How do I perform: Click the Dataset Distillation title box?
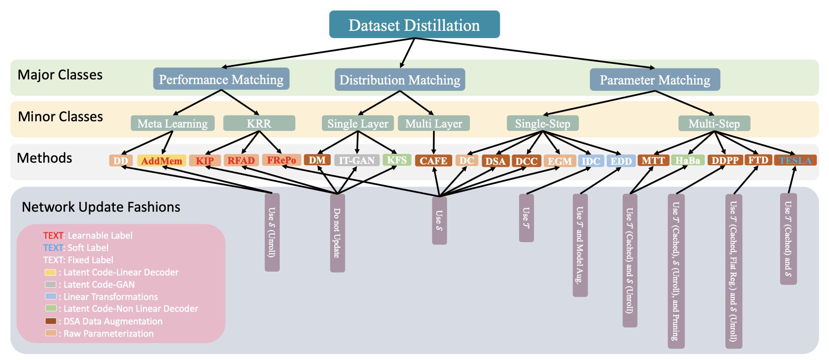(x=414, y=25)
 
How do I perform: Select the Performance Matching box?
(x=221, y=79)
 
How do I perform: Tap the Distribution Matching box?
(x=400, y=79)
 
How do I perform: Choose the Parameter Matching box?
(x=654, y=79)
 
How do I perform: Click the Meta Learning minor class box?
(x=172, y=123)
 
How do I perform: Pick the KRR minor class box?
(x=259, y=123)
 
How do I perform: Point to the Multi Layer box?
(x=434, y=123)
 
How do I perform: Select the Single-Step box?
(x=543, y=123)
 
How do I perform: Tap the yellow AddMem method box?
(x=162, y=161)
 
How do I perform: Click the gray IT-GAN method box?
(x=357, y=160)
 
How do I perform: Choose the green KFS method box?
(x=397, y=160)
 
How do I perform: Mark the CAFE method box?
(x=434, y=161)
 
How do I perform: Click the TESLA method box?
(x=795, y=160)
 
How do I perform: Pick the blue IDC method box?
(x=591, y=161)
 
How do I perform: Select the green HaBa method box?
(x=687, y=160)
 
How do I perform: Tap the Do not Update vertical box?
(x=337, y=233)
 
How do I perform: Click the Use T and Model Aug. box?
(x=580, y=245)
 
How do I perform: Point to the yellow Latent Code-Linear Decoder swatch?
(x=51, y=272)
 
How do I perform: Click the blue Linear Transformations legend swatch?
(x=51, y=297)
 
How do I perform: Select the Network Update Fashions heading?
(x=101, y=207)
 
